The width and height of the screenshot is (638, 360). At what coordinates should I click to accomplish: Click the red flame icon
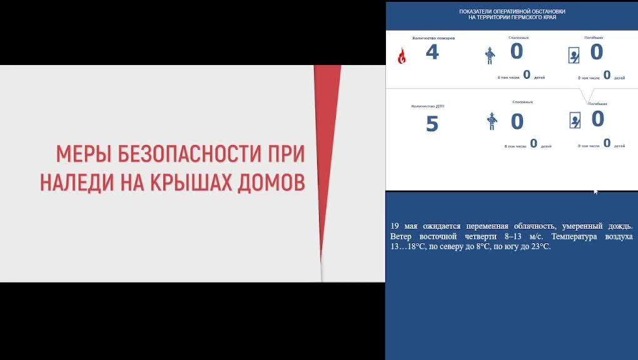pyautogui.click(x=402, y=56)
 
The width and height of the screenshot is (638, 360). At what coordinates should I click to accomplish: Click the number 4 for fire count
pyautogui.click(x=432, y=52)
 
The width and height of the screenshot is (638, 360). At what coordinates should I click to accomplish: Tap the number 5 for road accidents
pyautogui.click(x=432, y=124)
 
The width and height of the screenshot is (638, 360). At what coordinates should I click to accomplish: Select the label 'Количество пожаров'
pyautogui.click(x=433, y=38)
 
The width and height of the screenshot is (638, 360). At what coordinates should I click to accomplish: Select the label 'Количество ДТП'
pyautogui.click(x=428, y=106)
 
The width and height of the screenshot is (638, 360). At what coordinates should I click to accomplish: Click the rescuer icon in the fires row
pyautogui.click(x=490, y=56)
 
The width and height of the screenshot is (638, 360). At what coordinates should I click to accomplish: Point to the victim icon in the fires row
pyautogui.click(x=574, y=56)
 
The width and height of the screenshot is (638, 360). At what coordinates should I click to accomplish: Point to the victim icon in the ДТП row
pyautogui.click(x=575, y=119)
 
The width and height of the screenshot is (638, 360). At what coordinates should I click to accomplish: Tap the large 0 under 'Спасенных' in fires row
pyautogui.click(x=516, y=52)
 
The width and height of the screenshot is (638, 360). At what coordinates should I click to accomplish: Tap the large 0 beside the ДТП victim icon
pyautogui.click(x=597, y=119)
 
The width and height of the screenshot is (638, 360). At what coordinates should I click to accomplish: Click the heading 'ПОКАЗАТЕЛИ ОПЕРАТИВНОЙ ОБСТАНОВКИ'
pyautogui.click(x=512, y=11)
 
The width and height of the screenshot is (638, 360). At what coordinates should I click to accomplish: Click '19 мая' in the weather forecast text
pyautogui.click(x=403, y=226)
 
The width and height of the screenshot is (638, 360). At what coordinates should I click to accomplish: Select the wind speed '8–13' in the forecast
pyautogui.click(x=515, y=237)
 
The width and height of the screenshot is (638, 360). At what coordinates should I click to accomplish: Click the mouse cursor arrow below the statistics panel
pyautogui.click(x=595, y=192)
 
